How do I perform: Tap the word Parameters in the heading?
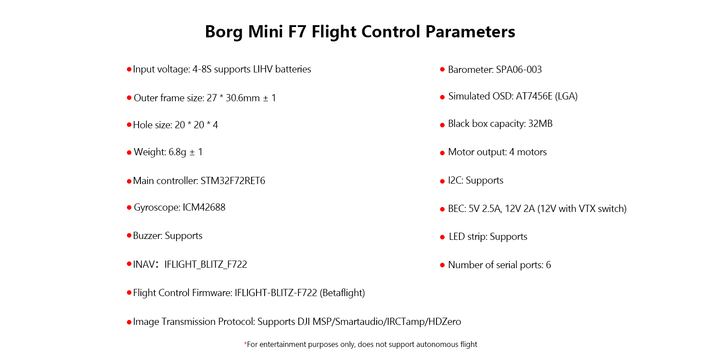[x=470, y=31]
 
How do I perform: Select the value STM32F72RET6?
[x=233, y=180]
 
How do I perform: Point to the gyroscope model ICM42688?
[x=204, y=207]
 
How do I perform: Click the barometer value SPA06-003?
[x=519, y=69]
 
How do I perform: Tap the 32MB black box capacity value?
[x=540, y=124]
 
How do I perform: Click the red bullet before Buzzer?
[x=129, y=236]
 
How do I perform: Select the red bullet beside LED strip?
[x=442, y=237]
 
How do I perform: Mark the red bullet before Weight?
[x=129, y=153]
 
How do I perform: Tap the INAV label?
[x=144, y=264]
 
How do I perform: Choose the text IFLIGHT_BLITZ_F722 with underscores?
[x=206, y=264]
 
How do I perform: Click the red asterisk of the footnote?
[x=245, y=344]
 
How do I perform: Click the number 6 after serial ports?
[x=549, y=265]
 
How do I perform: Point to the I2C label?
[x=455, y=180]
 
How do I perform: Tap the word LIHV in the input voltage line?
[x=263, y=69]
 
